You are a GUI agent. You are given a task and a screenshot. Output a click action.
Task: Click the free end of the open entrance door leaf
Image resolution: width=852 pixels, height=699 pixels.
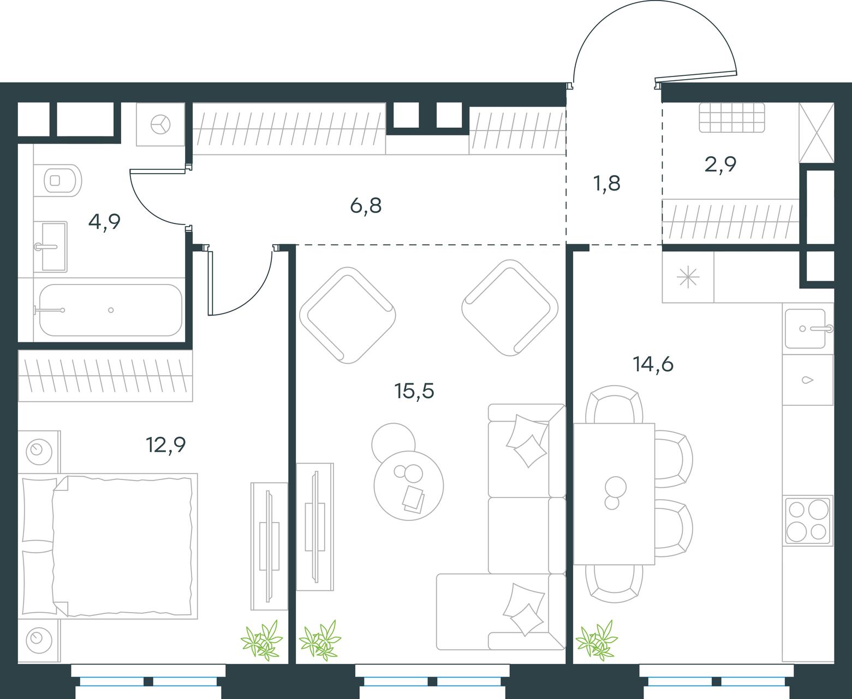(736, 73)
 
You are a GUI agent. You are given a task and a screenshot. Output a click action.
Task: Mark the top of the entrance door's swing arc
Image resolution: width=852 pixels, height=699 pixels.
(656, 1)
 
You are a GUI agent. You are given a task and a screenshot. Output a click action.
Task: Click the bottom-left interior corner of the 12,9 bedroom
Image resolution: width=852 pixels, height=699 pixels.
(18, 664)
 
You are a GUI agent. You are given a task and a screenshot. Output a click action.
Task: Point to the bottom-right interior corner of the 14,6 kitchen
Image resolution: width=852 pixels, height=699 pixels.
(834, 664)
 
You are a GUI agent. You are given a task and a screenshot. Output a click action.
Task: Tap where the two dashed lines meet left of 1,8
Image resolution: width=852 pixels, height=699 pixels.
(566, 245)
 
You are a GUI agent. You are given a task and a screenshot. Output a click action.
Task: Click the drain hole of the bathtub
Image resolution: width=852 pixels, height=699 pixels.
(111, 310)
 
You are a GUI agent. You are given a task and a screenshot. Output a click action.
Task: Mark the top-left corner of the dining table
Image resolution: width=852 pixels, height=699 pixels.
(574, 423)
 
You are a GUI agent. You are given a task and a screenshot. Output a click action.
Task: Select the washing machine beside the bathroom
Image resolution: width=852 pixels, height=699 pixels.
(160, 125)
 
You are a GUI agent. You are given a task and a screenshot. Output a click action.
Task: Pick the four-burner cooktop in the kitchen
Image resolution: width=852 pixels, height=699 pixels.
(808, 521)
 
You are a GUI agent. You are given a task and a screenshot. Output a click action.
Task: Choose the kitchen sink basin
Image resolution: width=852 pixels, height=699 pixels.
(805, 329)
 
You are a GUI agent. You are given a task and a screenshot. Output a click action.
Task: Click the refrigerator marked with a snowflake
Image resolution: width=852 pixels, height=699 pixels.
(688, 277)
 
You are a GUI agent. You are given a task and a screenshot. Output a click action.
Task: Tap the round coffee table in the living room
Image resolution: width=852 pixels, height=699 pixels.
(408, 485)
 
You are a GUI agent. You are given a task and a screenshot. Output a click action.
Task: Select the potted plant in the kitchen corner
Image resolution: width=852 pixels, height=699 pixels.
(596, 641)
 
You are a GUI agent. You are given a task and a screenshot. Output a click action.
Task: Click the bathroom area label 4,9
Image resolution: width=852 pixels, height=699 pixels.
(104, 222)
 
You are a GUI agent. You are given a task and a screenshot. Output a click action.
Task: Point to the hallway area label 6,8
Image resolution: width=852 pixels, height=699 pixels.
(366, 206)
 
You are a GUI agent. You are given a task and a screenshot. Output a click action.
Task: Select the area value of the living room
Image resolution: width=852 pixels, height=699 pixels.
(414, 392)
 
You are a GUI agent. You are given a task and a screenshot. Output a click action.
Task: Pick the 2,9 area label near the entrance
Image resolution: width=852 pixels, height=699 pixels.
(720, 164)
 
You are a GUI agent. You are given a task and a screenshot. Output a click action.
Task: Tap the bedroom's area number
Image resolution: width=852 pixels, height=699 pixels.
(165, 445)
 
